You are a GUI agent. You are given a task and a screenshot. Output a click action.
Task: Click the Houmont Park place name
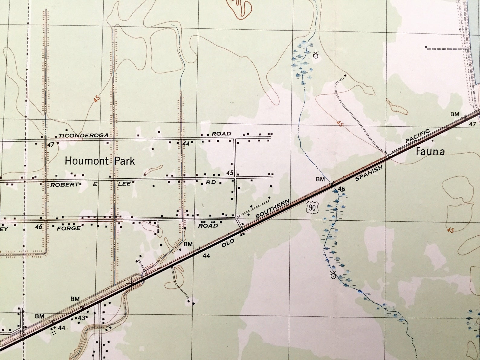(x=100, y=161)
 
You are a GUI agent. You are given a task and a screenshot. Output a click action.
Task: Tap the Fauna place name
(x=430, y=151)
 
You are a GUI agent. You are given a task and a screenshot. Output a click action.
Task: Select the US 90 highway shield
(x=312, y=207)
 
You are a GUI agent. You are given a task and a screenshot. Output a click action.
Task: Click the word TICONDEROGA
(x=83, y=135)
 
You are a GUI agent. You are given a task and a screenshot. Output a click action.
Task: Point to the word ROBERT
(x=64, y=184)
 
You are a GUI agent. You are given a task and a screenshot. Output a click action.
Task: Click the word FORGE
(x=69, y=228)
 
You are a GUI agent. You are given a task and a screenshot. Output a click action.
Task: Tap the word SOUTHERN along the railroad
(x=273, y=209)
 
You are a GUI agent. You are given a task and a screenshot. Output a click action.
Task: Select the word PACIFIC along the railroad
(x=417, y=136)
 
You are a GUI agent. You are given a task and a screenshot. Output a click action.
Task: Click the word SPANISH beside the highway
(x=369, y=173)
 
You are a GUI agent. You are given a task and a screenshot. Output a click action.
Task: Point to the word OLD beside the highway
(x=228, y=243)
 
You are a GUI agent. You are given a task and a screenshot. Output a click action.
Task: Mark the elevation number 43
(x=82, y=318)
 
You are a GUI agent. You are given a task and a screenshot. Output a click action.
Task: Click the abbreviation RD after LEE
(x=211, y=182)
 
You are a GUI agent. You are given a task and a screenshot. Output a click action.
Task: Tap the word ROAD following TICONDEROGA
(x=221, y=134)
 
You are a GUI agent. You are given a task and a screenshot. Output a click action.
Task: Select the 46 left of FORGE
(x=39, y=226)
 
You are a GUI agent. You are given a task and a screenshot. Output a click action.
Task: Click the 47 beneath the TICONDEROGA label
(x=51, y=145)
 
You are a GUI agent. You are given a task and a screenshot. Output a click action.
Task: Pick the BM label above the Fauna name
(x=455, y=114)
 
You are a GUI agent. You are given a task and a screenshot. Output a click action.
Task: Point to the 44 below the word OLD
(x=206, y=256)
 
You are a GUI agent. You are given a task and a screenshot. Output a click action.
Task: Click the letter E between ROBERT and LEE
(x=95, y=184)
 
